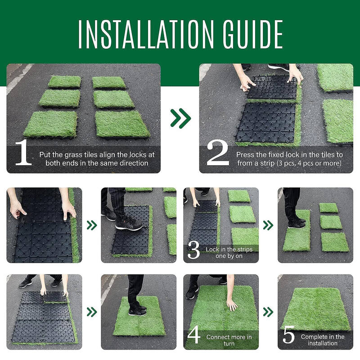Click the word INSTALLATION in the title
pos(142,34)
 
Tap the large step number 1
pos(23,153)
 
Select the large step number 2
pos(217,153)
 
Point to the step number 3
pos(193,251)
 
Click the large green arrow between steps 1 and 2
pos(180,118)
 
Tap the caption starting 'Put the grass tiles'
pos(97,158)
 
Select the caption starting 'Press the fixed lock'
pos(289,158)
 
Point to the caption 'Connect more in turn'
pos(229,340)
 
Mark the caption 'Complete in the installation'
pos(322,340)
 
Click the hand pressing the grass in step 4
pos(231,305)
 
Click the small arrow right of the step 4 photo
pos(268,312)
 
